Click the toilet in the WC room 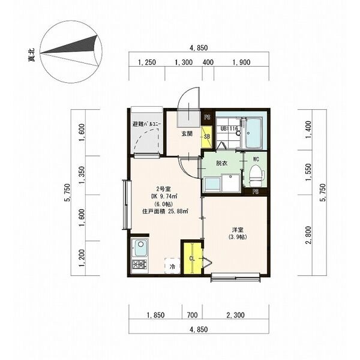click(256, 175)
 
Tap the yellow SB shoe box click(206, 137)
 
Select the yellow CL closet click(192, 259)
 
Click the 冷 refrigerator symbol click(172, 266)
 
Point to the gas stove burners click(140, 265)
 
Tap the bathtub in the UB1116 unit click(253, 133)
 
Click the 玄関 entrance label click(187, 134)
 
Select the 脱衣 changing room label click(222, 163)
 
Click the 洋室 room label click(238, 230)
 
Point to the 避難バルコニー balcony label click(147, 124)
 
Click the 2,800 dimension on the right click(308, 235)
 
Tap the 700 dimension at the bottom click(192, 315)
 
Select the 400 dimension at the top click(208, 62)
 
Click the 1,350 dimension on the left click(82, 175)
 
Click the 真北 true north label click(31, 55)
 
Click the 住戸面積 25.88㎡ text click(166, 211)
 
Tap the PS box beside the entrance click(208, 118)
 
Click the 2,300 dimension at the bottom click(236, 315)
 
